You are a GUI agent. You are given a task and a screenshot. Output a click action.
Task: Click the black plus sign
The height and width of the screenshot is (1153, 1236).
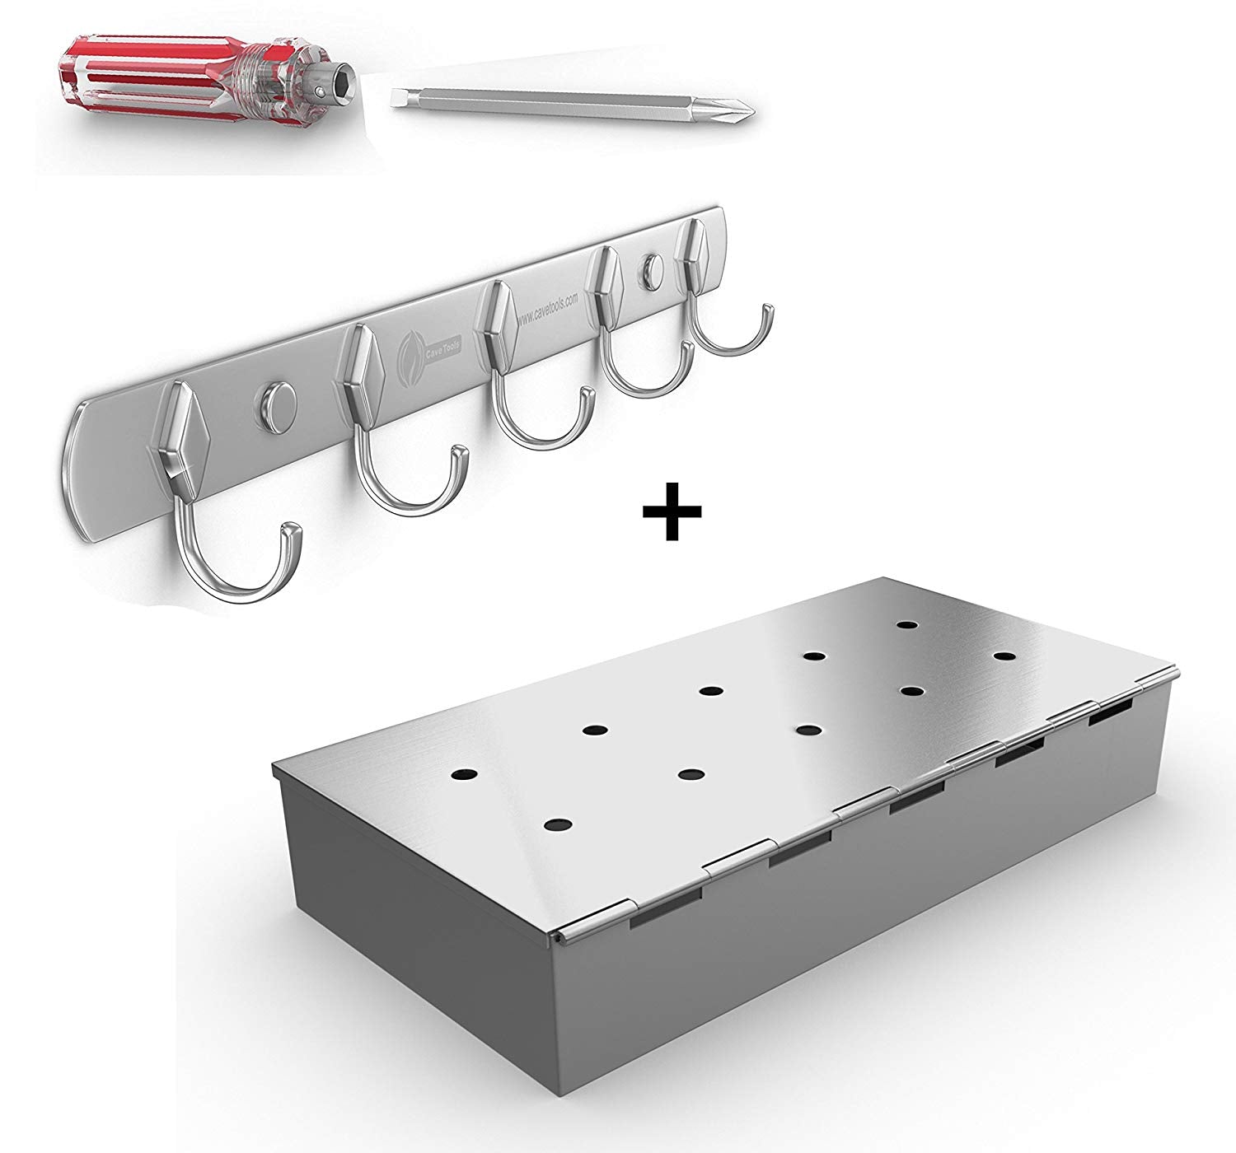click(x=672, y=511)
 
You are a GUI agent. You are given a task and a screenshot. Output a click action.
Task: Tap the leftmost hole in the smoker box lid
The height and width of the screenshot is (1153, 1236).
click(x=465, y=775)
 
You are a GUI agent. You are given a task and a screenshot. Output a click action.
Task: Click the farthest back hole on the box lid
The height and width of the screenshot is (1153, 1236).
click(x=908, y=625)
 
